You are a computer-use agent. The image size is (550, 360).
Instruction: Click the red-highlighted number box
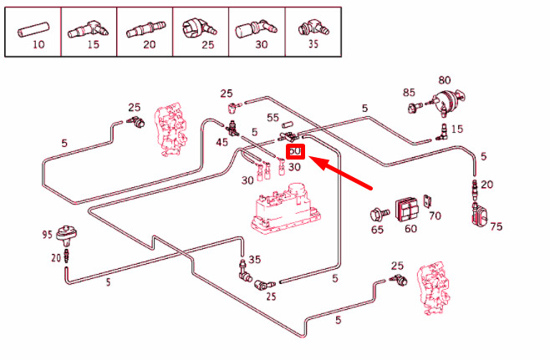coord(295,152)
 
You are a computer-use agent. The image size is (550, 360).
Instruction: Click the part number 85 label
coord(409,93)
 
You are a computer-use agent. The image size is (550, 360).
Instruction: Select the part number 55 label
coord(272,119)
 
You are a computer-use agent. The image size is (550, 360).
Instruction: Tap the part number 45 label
coord(222,142)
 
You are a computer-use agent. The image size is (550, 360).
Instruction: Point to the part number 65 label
coord(377,228)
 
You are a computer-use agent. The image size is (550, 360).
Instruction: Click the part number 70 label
coord(435,216)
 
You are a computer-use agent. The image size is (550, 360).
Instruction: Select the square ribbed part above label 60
coord(407,207)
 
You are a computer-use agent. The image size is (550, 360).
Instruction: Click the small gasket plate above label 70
coord(429,200)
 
